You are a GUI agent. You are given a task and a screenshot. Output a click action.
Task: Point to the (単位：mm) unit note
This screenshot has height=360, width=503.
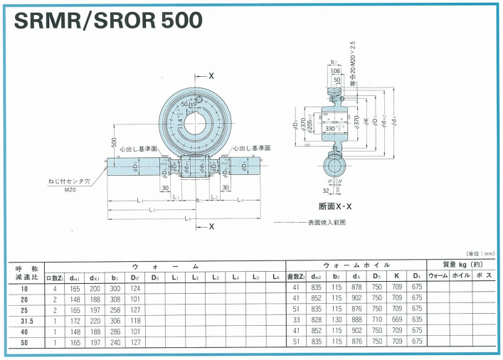pyautogui.click(x=480, y=254)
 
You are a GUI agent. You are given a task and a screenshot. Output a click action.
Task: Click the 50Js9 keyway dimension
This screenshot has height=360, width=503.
pyautogui.click(x=189, y=105)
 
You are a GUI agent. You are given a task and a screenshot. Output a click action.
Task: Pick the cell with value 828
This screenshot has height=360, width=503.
pyautogui.click(x=314, y=320)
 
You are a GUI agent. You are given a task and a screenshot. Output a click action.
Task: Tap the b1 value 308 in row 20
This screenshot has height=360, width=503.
pyautogui.click(x=115, y=298)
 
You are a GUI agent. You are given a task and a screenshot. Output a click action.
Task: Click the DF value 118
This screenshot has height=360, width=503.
pyautogui.click(x=135, y=320)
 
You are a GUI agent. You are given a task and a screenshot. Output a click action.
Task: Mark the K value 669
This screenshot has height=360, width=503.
pyautogui.click(x=397, y=320)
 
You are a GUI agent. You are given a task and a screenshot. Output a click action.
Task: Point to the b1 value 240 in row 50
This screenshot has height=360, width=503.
pyautogui.click(x=115, y=342)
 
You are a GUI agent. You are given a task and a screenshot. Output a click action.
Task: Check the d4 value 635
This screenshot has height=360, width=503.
pyautogui.click(x=417, y=320)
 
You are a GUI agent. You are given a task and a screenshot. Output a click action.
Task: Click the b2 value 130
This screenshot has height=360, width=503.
pyautogui.click(x=335, y=320)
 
